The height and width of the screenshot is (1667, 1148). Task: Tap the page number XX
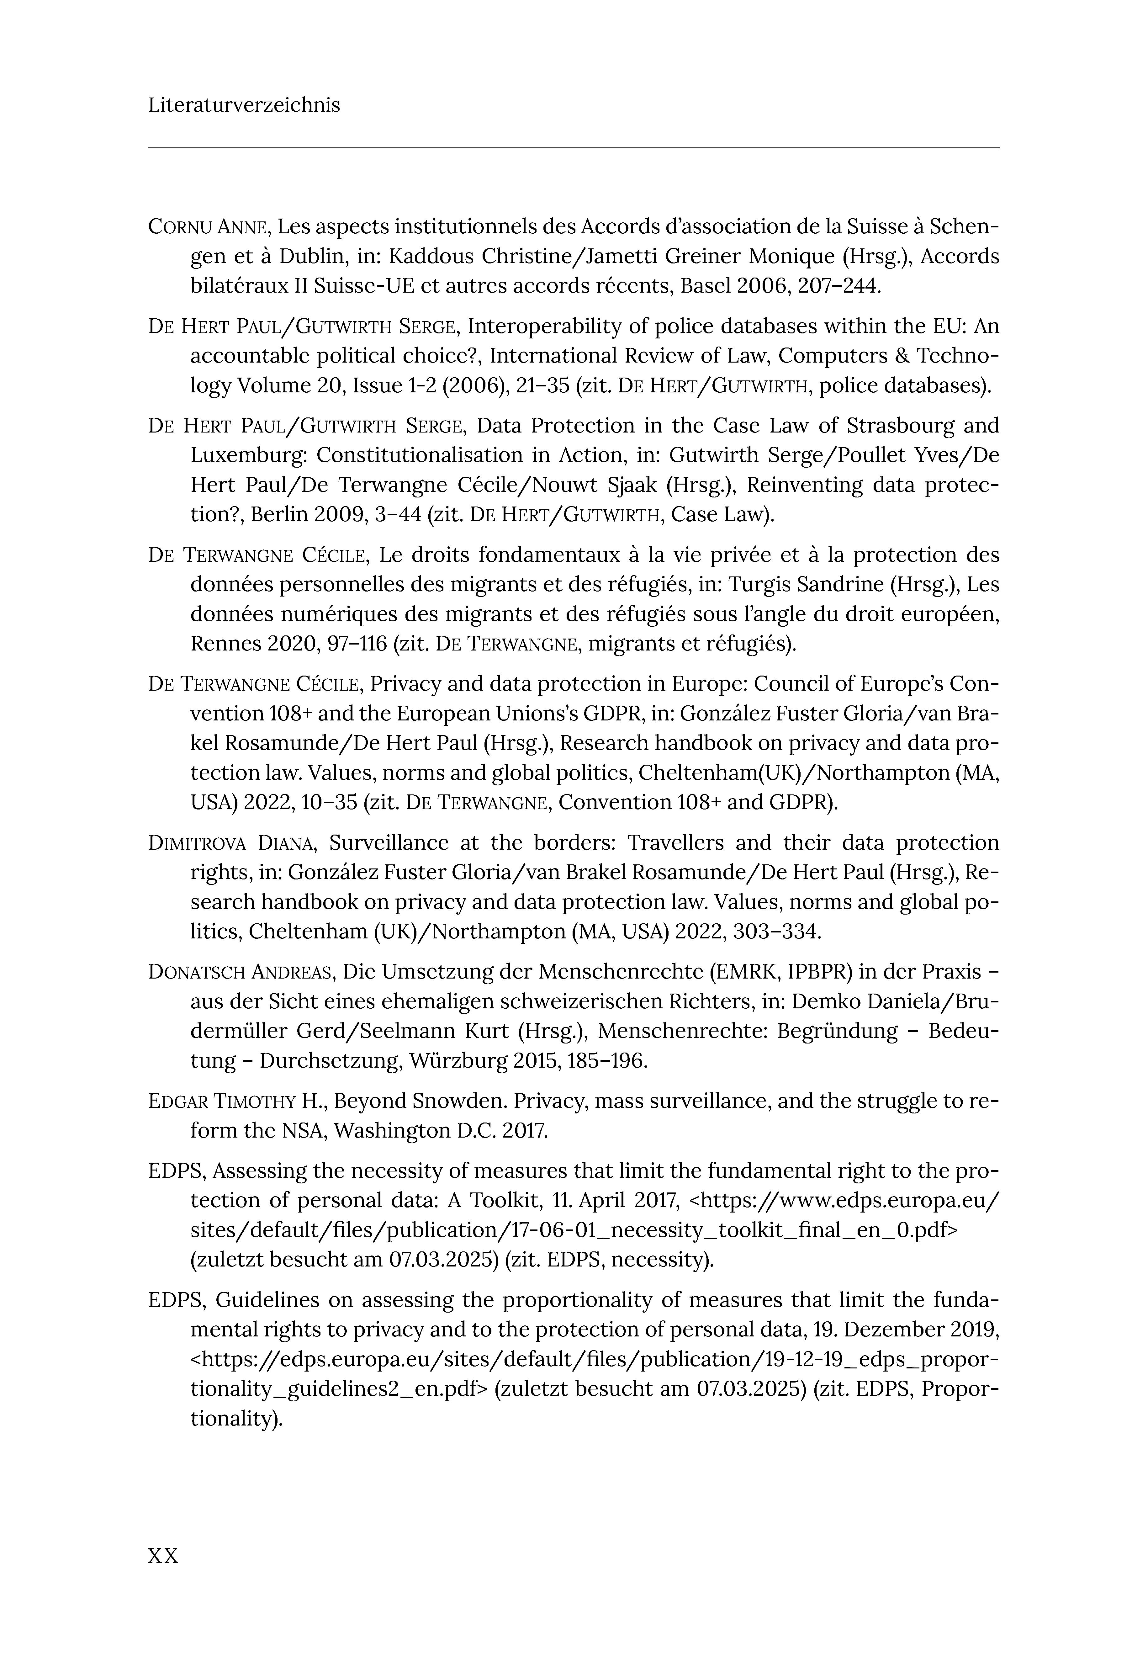pos(163,1556)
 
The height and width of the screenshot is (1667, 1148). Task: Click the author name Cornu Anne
pos(209,227)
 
